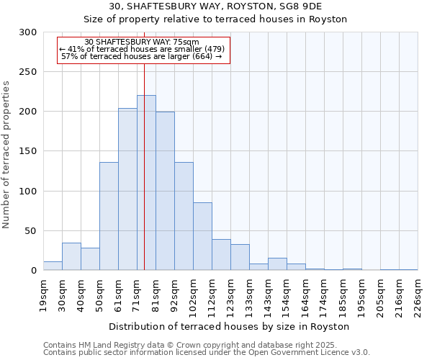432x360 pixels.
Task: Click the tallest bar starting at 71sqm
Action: [x=146, y=183]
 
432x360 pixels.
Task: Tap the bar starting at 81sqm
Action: [x=165, y=191]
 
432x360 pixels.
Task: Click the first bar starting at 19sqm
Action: [x=53, y=266]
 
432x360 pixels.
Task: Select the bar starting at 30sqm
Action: [x=71, y=256]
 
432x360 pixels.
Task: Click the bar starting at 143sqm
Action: [x=277, y=264]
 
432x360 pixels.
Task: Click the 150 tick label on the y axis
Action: [x=28, y=151]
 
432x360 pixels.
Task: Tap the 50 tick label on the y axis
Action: [x=31, y=231]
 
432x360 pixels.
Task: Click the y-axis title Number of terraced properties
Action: [x=7, y=155]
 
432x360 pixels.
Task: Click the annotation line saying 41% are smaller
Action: [x=143, y=49]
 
